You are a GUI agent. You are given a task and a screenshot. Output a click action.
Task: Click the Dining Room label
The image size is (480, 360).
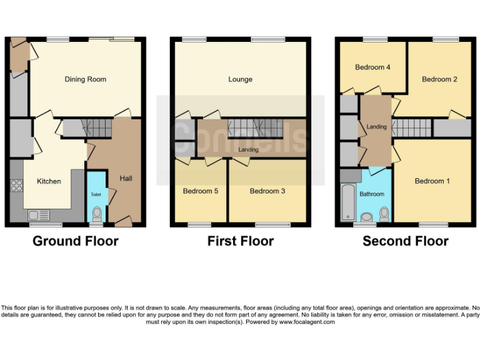point(86,79)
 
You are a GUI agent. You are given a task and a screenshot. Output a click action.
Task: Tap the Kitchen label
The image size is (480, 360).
point(49,181)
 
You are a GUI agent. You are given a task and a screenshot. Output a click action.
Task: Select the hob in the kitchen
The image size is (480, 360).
point(16,186)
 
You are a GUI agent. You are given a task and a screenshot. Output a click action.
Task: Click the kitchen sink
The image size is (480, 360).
point(39,215)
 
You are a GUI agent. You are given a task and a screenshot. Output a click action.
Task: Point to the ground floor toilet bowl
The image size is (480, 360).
point(96,214)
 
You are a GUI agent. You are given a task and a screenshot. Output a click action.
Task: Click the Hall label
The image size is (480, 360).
point(126,179)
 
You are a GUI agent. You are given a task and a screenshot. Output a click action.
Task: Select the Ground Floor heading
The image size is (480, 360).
point(75,241)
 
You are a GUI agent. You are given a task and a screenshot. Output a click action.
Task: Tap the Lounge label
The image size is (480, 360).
point(240,79)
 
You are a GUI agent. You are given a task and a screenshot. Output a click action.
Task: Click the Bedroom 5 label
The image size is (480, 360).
point(200,191)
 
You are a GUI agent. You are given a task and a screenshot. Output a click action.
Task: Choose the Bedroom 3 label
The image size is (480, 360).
point(267,191)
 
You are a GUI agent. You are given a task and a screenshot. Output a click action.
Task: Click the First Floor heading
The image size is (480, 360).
point(240,241)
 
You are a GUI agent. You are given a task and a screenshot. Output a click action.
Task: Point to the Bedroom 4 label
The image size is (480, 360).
point(372,67)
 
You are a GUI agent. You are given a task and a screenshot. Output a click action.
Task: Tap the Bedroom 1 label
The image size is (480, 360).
point(432,181)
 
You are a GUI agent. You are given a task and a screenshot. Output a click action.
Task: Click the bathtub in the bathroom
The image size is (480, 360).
point(347,202)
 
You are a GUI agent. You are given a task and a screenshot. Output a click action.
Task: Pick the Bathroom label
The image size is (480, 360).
point(372,194)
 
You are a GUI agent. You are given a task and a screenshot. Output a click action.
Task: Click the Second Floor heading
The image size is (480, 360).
point(405,241)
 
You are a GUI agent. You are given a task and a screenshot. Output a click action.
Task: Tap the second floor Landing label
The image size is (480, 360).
point(376,127)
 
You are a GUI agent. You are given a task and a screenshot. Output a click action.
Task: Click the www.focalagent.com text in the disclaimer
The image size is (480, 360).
point(307,322)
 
